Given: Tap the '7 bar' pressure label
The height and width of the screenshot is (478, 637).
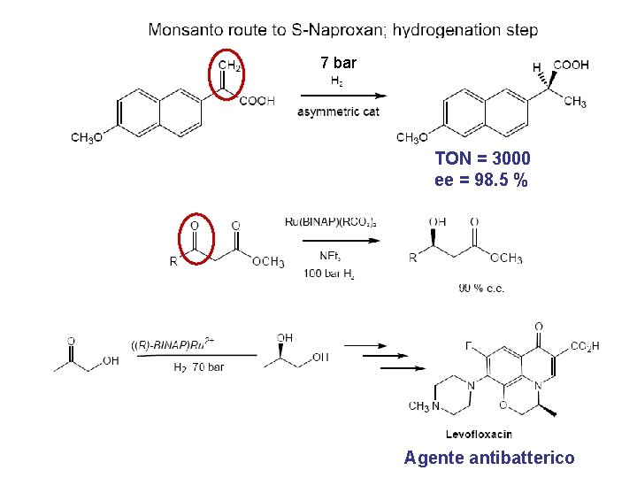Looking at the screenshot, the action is click(338, 63).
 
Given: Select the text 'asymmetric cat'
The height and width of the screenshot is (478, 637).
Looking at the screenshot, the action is click(338, 112).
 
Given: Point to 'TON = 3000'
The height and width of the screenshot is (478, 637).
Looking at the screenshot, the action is click(483, 158).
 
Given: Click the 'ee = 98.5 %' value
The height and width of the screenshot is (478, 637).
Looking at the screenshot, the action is click(481, 180).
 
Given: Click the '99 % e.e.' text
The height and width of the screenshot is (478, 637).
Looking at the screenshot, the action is click(482, 288).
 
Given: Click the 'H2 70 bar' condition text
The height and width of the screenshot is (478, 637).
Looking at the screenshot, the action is click(198, 366).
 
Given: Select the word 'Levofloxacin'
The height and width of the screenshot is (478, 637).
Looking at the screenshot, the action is click(479, 434).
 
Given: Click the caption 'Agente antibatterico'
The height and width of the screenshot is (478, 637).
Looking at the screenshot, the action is click(489, 458).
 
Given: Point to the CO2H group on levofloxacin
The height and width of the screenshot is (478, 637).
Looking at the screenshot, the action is click(585, 346).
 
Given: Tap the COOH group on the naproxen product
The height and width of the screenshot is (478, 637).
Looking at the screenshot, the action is click(571, 65).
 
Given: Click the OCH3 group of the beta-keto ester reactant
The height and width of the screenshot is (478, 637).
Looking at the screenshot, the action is click(268, 261).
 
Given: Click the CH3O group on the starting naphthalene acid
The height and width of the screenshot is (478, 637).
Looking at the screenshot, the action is click(88, 137).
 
